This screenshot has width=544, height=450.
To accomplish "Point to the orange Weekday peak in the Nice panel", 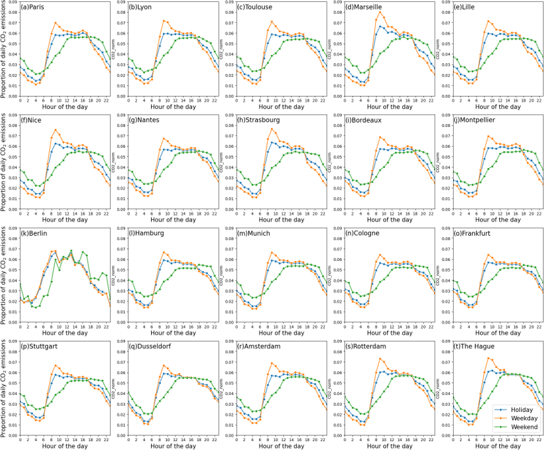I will (56, 130).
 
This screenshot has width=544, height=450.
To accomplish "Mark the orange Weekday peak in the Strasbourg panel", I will (272, 129).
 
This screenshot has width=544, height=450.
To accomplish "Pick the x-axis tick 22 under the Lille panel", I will (540, 101).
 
